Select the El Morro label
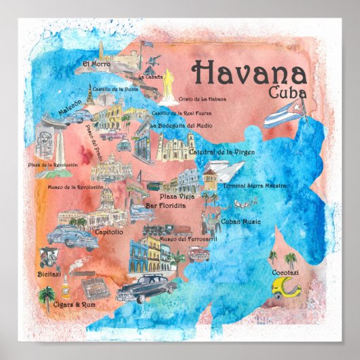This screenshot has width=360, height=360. [96, 65]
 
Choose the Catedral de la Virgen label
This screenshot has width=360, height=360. [221, 152]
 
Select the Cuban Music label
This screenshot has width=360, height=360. [240, 221]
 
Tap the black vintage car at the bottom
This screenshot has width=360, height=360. [147, 287]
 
